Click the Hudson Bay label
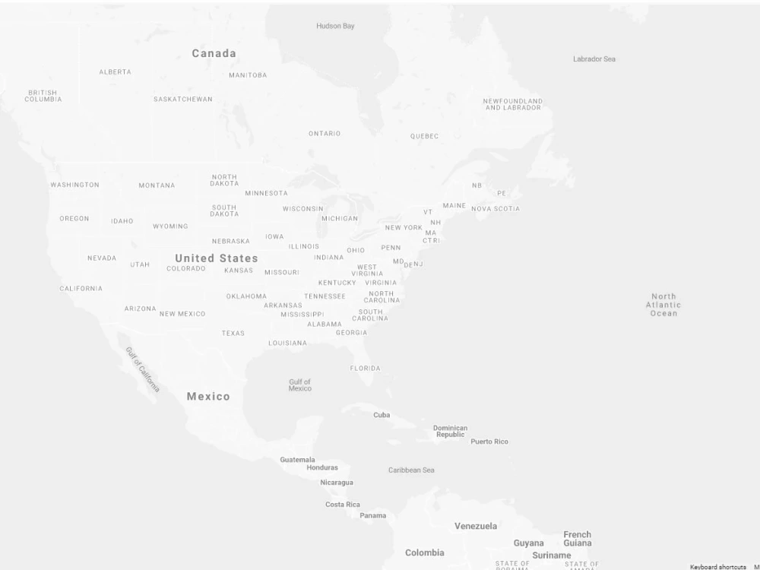click(335, 26)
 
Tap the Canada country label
click(214, 53)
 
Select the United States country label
click(217, 258)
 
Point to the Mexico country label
click(208, 396)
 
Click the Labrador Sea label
click(594, 59)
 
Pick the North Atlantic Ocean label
click(663, 305)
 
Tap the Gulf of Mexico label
click(299, 385)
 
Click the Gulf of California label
click(143, 369)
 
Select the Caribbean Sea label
click(411, 470)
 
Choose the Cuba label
click(382, 415)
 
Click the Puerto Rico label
click(489, 442)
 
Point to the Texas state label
click(233, 333)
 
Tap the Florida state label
click(366, 368)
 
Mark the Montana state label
click(157, 185)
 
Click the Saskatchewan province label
click(183, 99)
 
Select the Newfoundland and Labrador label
click(513, 104)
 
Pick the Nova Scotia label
click(496, 208)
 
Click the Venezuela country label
click(476, 526)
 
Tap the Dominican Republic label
click(451, 431)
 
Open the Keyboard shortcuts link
click(717, 567)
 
